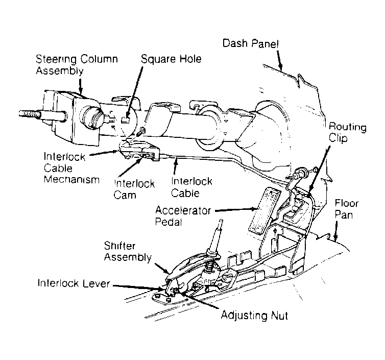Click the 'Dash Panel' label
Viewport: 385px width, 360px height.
(250, 43)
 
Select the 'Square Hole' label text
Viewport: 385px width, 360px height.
(171, 59)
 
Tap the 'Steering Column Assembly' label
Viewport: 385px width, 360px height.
(77, 65)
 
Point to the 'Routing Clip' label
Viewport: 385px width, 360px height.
(347, 133)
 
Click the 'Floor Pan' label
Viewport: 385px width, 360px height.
(347, 209)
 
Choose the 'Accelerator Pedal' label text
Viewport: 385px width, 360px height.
(183, 216)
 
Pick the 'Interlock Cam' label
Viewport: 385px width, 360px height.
(134, 189)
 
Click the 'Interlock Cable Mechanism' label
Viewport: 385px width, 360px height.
(71, 168)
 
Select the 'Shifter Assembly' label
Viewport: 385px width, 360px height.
(128, 251)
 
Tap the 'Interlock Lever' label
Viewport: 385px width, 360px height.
(74, 283)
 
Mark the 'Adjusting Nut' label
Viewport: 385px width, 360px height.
(254, 315)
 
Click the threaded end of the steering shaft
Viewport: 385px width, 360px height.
(30, 114)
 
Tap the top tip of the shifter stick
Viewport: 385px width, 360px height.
(221, 220)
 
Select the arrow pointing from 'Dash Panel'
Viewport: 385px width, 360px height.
(280, 60)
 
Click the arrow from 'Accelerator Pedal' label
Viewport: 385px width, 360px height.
(236, 209)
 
